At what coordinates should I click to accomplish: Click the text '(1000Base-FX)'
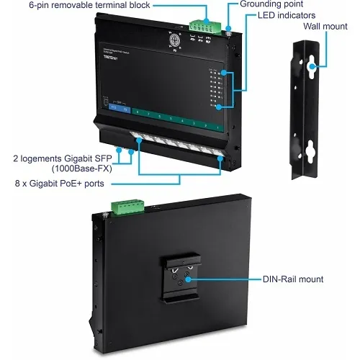coord(80,168)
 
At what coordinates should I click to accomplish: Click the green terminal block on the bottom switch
coord(127,208)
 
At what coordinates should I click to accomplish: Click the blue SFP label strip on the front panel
coord(116,109)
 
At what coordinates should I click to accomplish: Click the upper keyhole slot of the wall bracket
coord(312,68)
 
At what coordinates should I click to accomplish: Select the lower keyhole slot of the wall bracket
coord(312,150)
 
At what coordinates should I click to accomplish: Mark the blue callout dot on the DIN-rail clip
coord(189,279)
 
